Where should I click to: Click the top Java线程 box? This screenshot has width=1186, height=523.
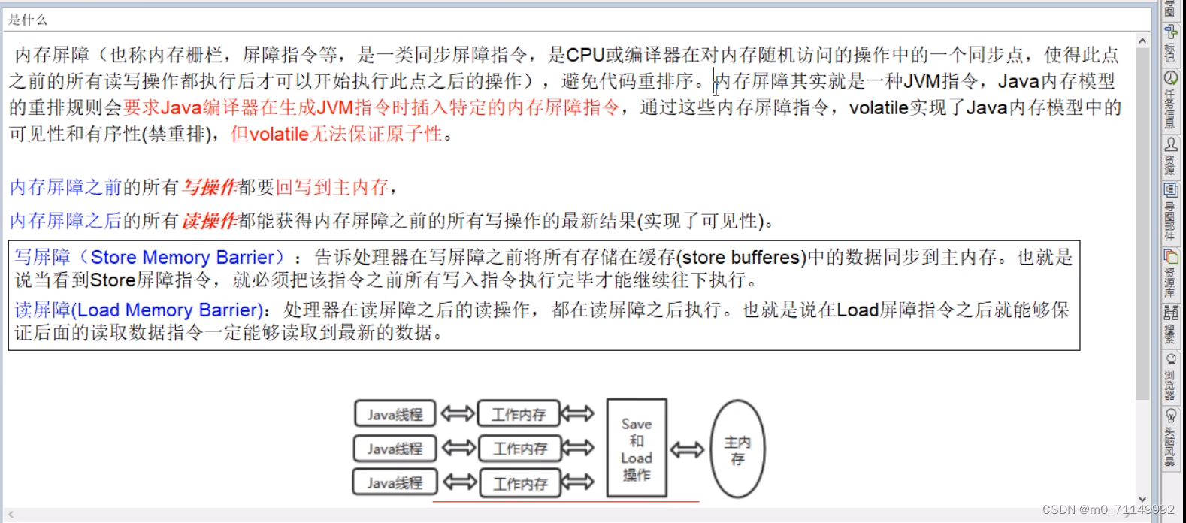(x=395, y=413)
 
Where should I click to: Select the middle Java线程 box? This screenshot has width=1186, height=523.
(x=395, y=449)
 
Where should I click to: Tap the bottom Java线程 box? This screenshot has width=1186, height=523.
(x=395, y=482)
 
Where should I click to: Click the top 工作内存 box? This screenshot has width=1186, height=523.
(x=519, y=413)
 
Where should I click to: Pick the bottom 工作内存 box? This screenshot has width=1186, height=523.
(x=520, y=483)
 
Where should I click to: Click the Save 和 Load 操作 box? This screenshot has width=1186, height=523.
(x=637, y=449)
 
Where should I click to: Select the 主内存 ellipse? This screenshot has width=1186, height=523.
(x=737, y=449)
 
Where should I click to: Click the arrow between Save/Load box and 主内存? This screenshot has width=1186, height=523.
(x=687, y=449)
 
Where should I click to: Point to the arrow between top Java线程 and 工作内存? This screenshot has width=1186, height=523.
(x=457, y=413)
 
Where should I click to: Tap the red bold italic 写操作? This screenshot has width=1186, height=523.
(x=210, y=187)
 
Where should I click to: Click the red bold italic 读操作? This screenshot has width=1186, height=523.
(x=210, y=221)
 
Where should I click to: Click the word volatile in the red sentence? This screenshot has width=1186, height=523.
(x=279, y=135)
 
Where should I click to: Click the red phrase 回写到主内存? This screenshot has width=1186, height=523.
(x=332, y=187)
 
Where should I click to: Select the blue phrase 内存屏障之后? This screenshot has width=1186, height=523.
(x=65, y=221)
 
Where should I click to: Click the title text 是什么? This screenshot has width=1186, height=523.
(x=28, y=20)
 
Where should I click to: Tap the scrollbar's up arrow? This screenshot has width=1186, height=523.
(x=1142, y=41)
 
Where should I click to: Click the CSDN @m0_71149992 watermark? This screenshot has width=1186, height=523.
(x=1108, y=509)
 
